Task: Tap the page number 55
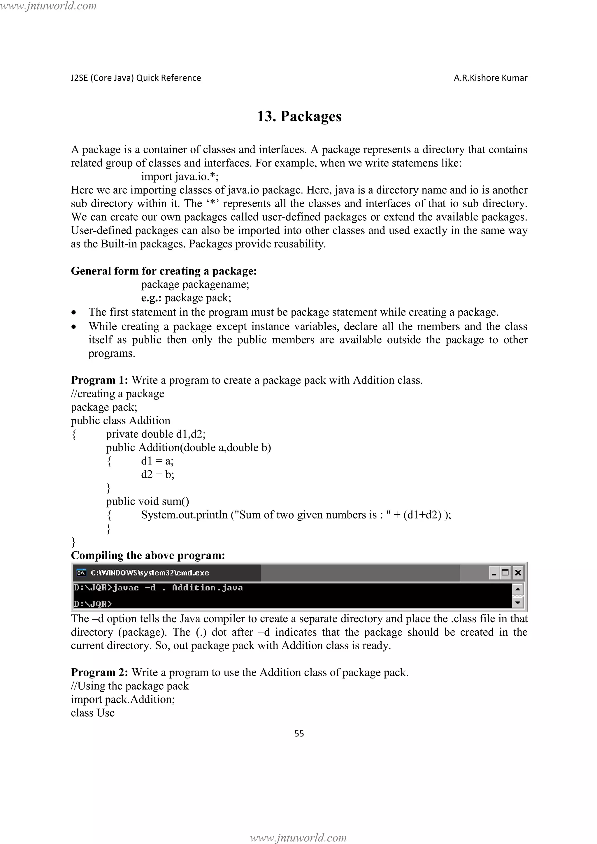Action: pos(299,733)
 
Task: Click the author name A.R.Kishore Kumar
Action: pos(490,78)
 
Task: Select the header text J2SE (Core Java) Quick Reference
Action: pos(136,78)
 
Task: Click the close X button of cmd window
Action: pos(518,572)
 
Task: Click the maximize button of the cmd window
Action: pos(505,572)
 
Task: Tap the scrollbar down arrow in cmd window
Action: pos(517,602)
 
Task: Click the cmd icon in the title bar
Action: pos(81,573)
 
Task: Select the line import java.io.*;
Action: pos(180,177)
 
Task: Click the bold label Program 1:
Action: pos(99,380)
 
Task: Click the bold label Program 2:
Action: pos(99,672)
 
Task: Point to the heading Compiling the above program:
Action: pos(148,555)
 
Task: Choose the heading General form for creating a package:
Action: pos(164,271)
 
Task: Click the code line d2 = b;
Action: pos(157,474)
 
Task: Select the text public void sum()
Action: pos(148,501)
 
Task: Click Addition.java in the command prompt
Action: pos(207,588)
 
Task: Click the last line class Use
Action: pos(93,713)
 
